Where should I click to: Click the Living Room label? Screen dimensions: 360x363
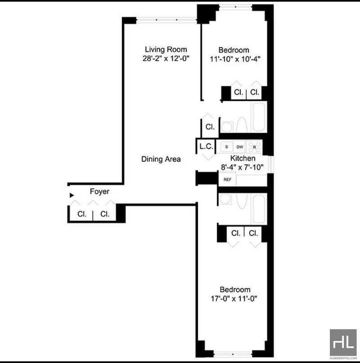tap(166, 49)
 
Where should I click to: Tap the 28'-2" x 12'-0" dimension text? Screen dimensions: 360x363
tap(166, 58)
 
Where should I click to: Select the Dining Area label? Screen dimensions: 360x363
tap(161, 159)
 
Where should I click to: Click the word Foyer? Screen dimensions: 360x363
tap(99, 192)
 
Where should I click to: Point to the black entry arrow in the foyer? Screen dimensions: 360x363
tap(72, 195)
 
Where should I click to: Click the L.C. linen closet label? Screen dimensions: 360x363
tap(206, 147)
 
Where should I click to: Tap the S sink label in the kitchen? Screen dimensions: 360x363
tap(226, 147)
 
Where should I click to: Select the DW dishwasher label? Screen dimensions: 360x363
tap(240, 147)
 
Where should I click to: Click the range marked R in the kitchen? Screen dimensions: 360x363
tap(254, 147)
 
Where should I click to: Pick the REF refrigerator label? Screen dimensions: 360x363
tap(228, 179)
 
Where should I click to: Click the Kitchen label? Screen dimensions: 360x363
tap(243, 158)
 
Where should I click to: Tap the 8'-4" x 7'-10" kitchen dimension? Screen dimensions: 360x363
tap(242, 167)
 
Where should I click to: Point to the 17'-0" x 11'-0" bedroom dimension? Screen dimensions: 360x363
tap(234, 299)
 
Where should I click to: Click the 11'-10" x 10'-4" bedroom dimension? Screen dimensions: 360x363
tap(235, 59)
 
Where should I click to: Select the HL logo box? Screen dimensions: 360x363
tap(343, 342)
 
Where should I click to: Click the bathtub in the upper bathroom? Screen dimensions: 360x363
tap(259, 117)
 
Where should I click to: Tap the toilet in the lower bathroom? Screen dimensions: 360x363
tap(242, 201)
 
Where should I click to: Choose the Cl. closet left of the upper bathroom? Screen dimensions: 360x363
tap(210, 127)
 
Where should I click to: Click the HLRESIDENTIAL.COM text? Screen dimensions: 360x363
tap(343, 358)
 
